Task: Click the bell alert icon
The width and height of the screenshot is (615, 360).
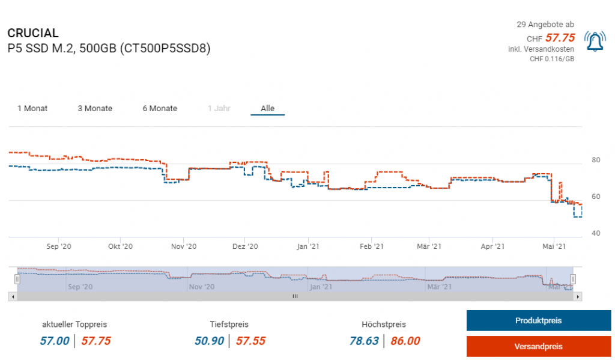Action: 595,41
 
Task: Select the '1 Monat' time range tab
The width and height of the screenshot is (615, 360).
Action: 32,109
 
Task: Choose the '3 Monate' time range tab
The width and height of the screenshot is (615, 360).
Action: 95,109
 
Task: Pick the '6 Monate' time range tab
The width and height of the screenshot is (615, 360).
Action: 160,109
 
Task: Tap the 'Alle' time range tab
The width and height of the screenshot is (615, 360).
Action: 267,109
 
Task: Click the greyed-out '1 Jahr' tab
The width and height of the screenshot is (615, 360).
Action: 219,109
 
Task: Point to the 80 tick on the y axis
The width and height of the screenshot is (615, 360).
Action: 596,160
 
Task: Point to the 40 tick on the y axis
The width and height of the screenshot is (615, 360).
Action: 596,233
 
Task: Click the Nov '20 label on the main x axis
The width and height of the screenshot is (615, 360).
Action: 184,246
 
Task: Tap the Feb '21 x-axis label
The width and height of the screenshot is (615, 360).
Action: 372,246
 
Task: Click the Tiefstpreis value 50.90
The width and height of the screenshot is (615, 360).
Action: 209,341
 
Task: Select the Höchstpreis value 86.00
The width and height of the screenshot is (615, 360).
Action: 405,341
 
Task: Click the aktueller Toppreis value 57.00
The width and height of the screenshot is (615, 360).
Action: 55,341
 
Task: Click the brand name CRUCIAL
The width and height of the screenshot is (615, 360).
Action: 33,33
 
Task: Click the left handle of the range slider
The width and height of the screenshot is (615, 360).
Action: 17,279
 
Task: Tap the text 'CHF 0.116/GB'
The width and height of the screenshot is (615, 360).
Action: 552,59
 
